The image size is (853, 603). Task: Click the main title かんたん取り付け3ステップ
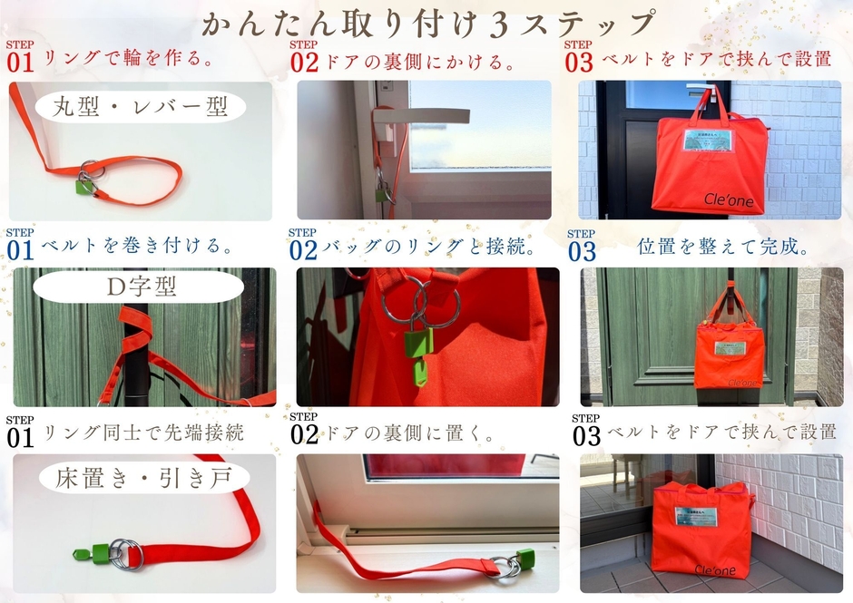click(427, 24)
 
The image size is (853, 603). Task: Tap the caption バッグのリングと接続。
click(426, 246)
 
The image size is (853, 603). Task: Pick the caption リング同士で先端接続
click(144, 433)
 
